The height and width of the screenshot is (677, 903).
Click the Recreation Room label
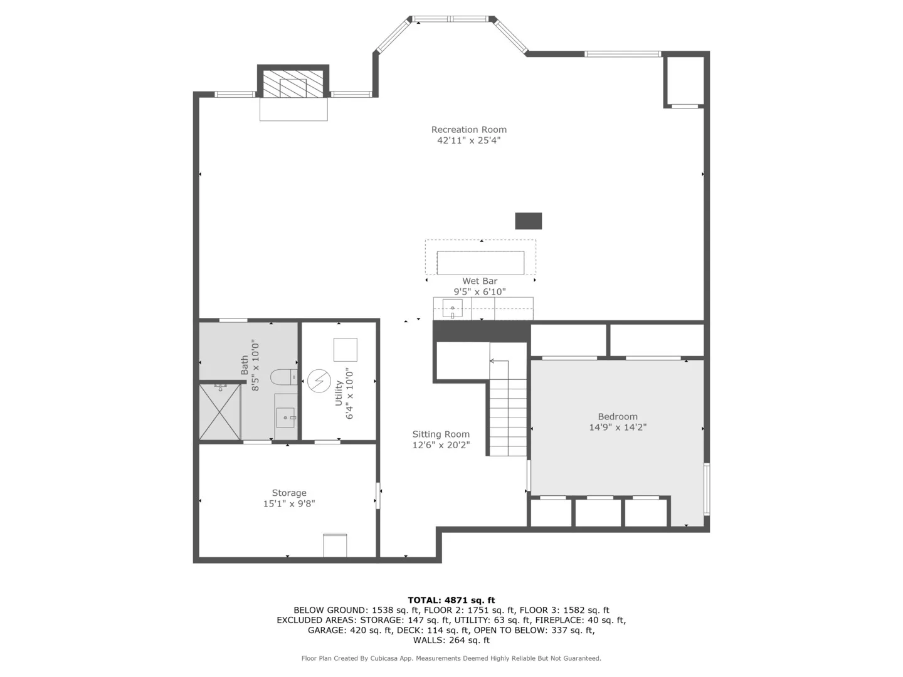coord(468,130)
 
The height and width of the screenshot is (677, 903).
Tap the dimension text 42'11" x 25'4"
coord(468,140)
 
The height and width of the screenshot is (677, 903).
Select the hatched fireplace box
coord(293,83)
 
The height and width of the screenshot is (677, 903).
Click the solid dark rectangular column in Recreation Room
coord(528,221)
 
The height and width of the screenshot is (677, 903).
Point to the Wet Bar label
coord(480,281)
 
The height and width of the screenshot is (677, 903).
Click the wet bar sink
coord(452,308)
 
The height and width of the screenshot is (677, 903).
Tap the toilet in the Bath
coord(283,377)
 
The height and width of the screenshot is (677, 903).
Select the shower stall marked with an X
coord(220,412)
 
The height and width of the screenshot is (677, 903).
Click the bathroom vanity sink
coord(287,416)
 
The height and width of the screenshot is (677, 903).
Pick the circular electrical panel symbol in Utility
coord(318,381)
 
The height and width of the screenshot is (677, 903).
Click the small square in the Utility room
coord(345,349)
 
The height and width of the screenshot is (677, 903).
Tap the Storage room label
coord(289,493)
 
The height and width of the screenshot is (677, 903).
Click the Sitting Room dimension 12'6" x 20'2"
coord(441,445)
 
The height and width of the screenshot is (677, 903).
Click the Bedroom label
coord(618,416)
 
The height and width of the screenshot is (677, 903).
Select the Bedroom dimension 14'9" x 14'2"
coord(618,428)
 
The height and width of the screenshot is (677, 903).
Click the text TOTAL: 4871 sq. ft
coord(451,600)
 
